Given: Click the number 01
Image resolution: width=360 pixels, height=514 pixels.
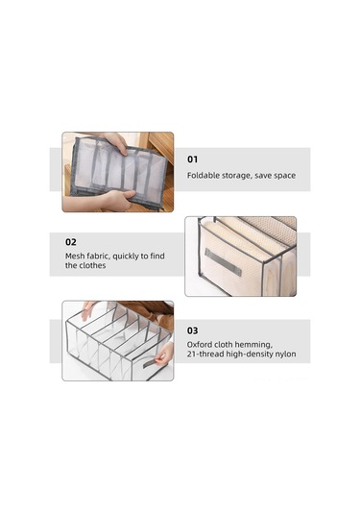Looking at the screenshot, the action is [192, 159].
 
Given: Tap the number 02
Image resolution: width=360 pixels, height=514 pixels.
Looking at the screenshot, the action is [71, 242].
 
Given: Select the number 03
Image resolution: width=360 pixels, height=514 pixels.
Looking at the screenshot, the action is [192, 330].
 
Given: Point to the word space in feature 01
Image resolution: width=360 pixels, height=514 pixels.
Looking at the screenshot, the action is [285, 176].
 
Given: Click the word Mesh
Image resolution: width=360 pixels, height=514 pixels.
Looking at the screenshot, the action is [74, 256].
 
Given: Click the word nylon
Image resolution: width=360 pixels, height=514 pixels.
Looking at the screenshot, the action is [285, 355].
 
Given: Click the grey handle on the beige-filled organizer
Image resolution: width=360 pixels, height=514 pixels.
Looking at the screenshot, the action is [223, 262].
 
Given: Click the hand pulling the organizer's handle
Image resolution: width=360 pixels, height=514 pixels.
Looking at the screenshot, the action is [164, 354].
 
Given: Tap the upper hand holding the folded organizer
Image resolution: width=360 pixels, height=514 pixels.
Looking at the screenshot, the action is [115, 142].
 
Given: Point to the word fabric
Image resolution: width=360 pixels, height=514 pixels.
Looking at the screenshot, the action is [97, 256].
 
